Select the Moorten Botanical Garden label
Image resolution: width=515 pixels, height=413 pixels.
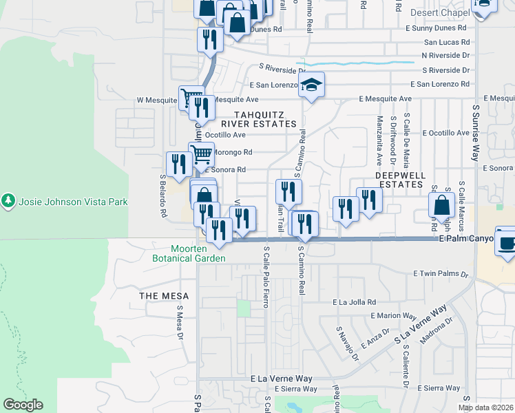(x=189, y=253)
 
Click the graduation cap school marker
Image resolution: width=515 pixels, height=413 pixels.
(x=311, y=85)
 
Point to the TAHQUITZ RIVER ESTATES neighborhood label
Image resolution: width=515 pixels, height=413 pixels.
(x=265, y=119)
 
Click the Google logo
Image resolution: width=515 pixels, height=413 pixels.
(x=23, y=405)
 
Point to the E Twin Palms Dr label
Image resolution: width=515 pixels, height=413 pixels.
(x=441, y=274)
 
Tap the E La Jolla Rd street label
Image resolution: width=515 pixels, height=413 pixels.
(x=354, y=302)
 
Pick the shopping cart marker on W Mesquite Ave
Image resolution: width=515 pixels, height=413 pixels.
(x=191, y=97)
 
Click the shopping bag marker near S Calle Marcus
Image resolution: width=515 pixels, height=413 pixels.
(x=441, y=204)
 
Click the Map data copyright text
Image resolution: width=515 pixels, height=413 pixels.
(x=485, y=407)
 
